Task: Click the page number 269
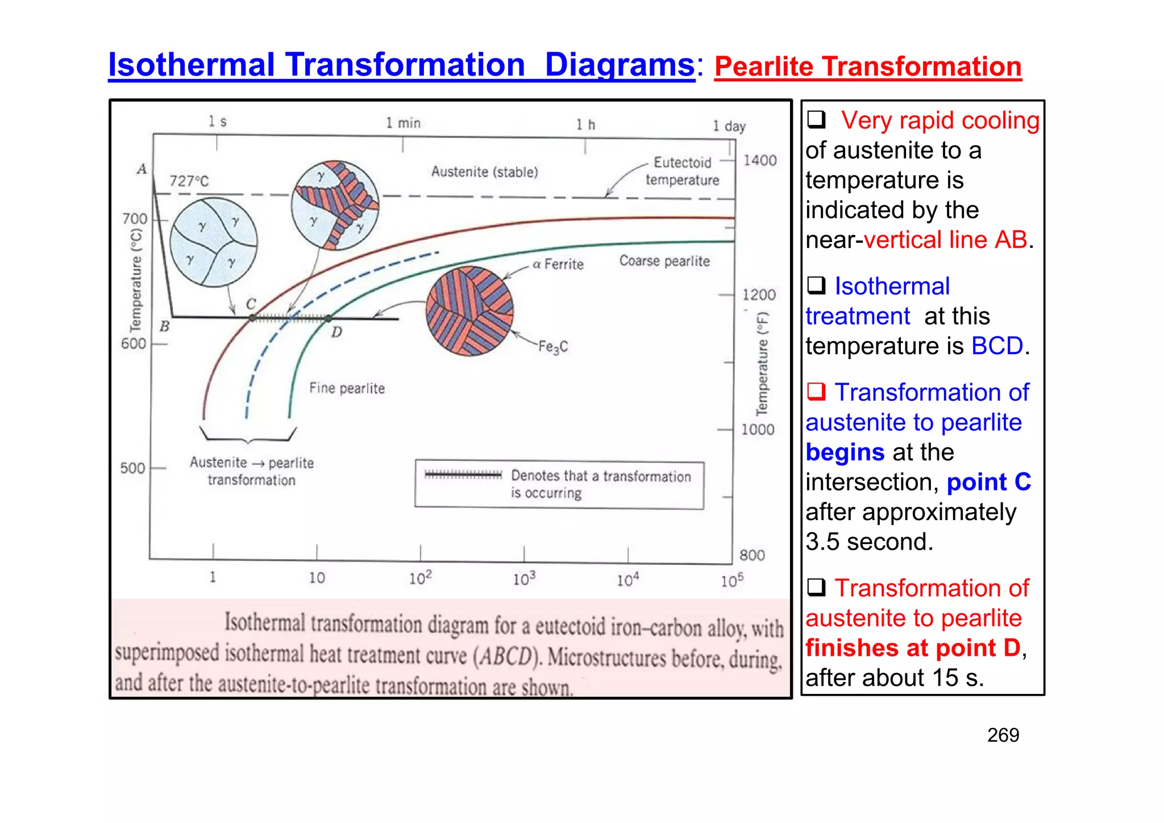(1003, 735)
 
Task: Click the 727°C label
(189, 181)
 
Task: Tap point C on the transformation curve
(253, 318)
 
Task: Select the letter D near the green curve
(336, 332)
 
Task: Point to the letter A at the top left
(142, 169)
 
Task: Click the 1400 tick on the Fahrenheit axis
(760, 161)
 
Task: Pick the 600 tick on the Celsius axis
(134, 344)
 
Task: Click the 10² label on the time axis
(420, 578)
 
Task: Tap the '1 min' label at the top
(403, 123)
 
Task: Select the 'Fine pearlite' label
(347, 388)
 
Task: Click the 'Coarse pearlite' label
(664, 261)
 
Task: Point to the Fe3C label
(552, 347)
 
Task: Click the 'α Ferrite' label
(558, 264)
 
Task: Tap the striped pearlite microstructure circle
(469, 311)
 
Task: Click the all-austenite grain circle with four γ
(214, 242)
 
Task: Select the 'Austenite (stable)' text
(484, 172)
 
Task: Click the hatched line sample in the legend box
(463, 475)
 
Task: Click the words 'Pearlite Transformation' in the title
(867, 67)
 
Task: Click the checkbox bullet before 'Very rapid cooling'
(816, 119)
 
